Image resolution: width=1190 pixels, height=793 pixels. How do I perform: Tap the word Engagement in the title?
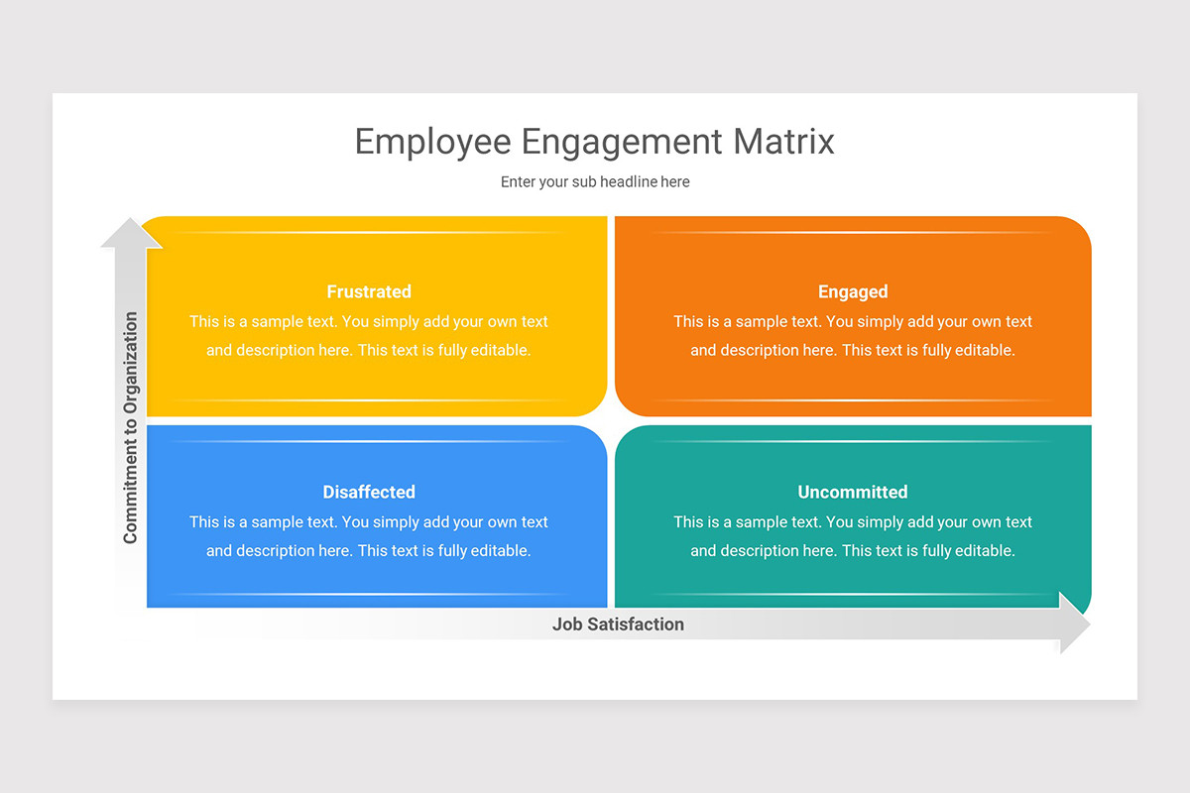[621, 142]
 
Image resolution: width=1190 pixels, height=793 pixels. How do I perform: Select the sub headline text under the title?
[595, 182]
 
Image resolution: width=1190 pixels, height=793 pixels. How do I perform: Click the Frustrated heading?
[369, 291]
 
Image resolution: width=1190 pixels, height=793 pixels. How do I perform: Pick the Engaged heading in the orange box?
[853, 291]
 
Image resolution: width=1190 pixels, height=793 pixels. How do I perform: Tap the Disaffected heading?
[369, 492]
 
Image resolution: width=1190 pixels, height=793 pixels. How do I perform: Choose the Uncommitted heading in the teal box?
[853, 492]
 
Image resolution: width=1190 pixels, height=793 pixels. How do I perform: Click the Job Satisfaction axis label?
[618, 624]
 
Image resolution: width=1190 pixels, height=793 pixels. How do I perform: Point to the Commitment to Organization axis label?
[130, 428]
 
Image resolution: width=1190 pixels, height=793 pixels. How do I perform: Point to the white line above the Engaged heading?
[853, 233]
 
